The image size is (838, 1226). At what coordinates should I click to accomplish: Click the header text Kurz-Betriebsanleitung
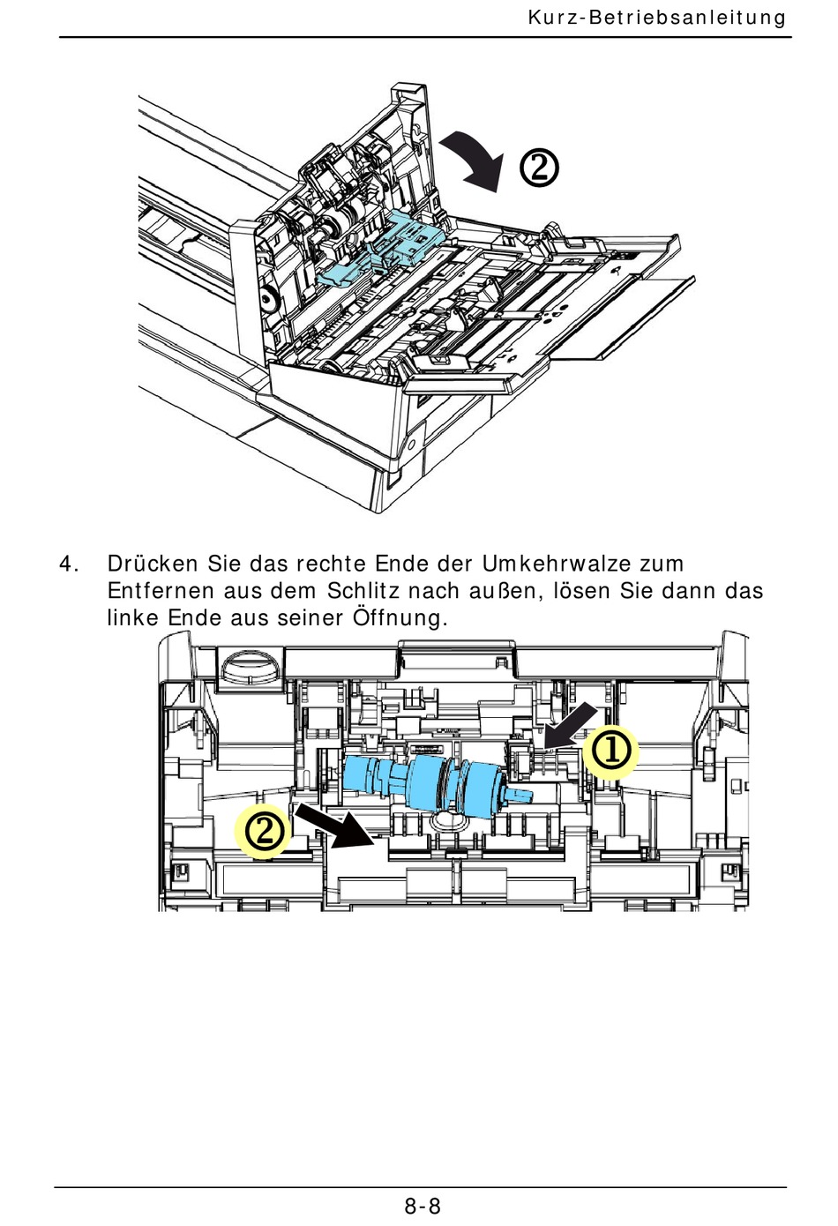pyautogui.click(x=657, y=18)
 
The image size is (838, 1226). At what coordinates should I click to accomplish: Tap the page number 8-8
pyautogui.click(x=423, y=1206)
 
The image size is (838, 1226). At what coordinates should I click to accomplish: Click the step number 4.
pyautogui.click(x=68, y=564)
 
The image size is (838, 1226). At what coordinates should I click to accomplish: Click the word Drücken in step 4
pyautogui.click(x=153, y=564)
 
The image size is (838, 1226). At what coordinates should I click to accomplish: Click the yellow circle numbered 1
pyautogui.click(x=610, y=752)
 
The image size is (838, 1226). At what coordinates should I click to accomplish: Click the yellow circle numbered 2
pyautogui.click(x=263, y=833)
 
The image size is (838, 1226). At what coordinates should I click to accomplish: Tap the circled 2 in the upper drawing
pyautogui.click(x=539, y=168)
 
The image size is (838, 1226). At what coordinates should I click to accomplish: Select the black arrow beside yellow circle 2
pyautogui.click(x=335, y=825)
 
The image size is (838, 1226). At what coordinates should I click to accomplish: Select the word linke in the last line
pyautogui.click(x=132, y=618)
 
